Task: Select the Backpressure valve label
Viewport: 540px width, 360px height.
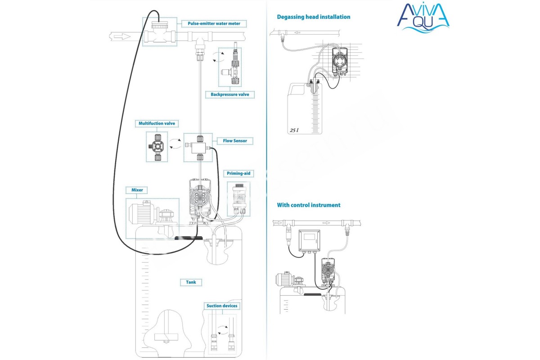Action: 230,94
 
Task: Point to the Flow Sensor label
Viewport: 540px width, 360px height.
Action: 234,141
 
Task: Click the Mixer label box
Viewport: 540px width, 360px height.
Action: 137,190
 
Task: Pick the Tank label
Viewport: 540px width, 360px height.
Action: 191,283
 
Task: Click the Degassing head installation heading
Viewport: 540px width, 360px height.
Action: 313,17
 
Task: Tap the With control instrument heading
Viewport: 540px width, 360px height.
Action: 308,205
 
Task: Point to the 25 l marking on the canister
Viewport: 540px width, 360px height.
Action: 293,130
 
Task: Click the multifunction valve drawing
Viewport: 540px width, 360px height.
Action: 157,146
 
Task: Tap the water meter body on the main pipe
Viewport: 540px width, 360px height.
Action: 159,33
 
